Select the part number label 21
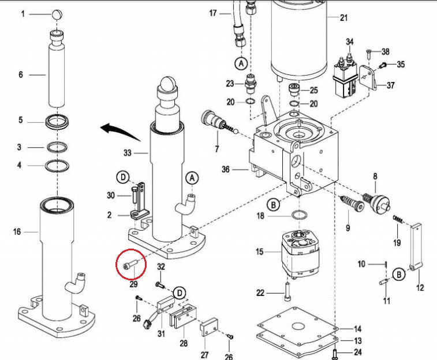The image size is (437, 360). coord(344,18)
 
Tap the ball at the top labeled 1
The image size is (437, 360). coord(58,14)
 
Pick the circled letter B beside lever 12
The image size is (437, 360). coord(399,275)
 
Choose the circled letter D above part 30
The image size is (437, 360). coord(122,176)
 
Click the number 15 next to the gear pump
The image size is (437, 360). coord(260,252)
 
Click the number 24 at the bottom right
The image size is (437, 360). coord(357,352)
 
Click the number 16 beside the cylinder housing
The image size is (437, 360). coord(17,232)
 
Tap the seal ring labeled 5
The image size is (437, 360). coord(58,122)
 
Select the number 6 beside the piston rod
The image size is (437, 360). coord(21,74)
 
